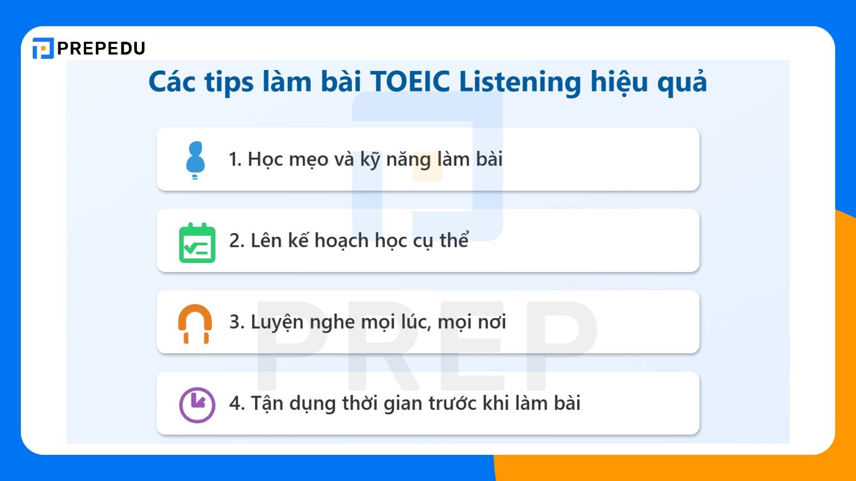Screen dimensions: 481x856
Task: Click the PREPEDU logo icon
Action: coord(43,48)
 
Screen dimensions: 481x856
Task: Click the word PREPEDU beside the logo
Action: coord(101,49)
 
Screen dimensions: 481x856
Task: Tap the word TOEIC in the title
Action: coord(410,82)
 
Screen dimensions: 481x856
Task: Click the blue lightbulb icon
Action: coord(195,159)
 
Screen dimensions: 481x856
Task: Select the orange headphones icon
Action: coord(195,323)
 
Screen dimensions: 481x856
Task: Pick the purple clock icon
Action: coord(197,405)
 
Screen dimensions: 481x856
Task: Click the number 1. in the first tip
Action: coord(235,159)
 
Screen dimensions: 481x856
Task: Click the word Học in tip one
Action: coord(265,159)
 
